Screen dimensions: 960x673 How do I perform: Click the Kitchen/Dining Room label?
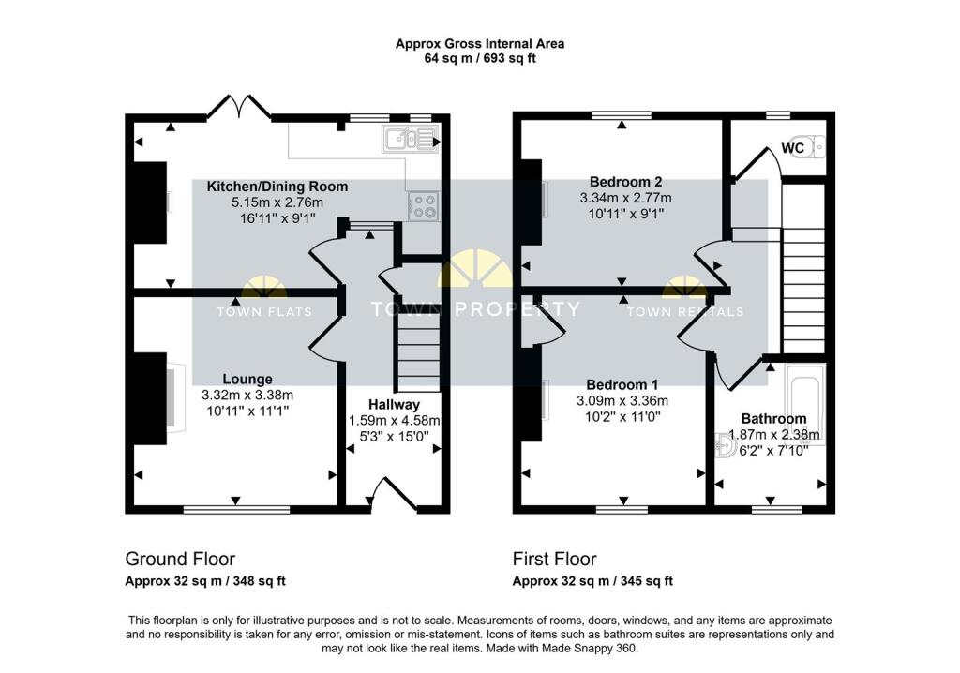(277, 187)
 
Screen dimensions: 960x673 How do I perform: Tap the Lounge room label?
(247, 379)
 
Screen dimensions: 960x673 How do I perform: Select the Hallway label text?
(394, 405)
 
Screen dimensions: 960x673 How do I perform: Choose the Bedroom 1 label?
(622, 384)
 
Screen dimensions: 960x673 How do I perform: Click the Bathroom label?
(773, 419)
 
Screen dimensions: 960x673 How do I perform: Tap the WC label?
(793, 148)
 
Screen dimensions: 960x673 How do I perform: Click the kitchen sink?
(409, 139)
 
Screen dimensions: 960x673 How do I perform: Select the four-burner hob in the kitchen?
(424, 205)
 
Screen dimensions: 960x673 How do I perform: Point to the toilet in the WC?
(807, 147)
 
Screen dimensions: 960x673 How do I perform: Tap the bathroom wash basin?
(727, 446)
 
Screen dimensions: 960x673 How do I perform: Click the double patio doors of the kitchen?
(239, 106)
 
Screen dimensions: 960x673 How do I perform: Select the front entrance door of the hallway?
(395, 495)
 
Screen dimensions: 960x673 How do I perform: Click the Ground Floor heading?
(180, 559)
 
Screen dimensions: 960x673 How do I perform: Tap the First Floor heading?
(555, 559)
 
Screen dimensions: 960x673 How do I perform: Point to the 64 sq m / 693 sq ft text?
(480, 59)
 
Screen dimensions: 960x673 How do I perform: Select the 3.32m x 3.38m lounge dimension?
(247, 395)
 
